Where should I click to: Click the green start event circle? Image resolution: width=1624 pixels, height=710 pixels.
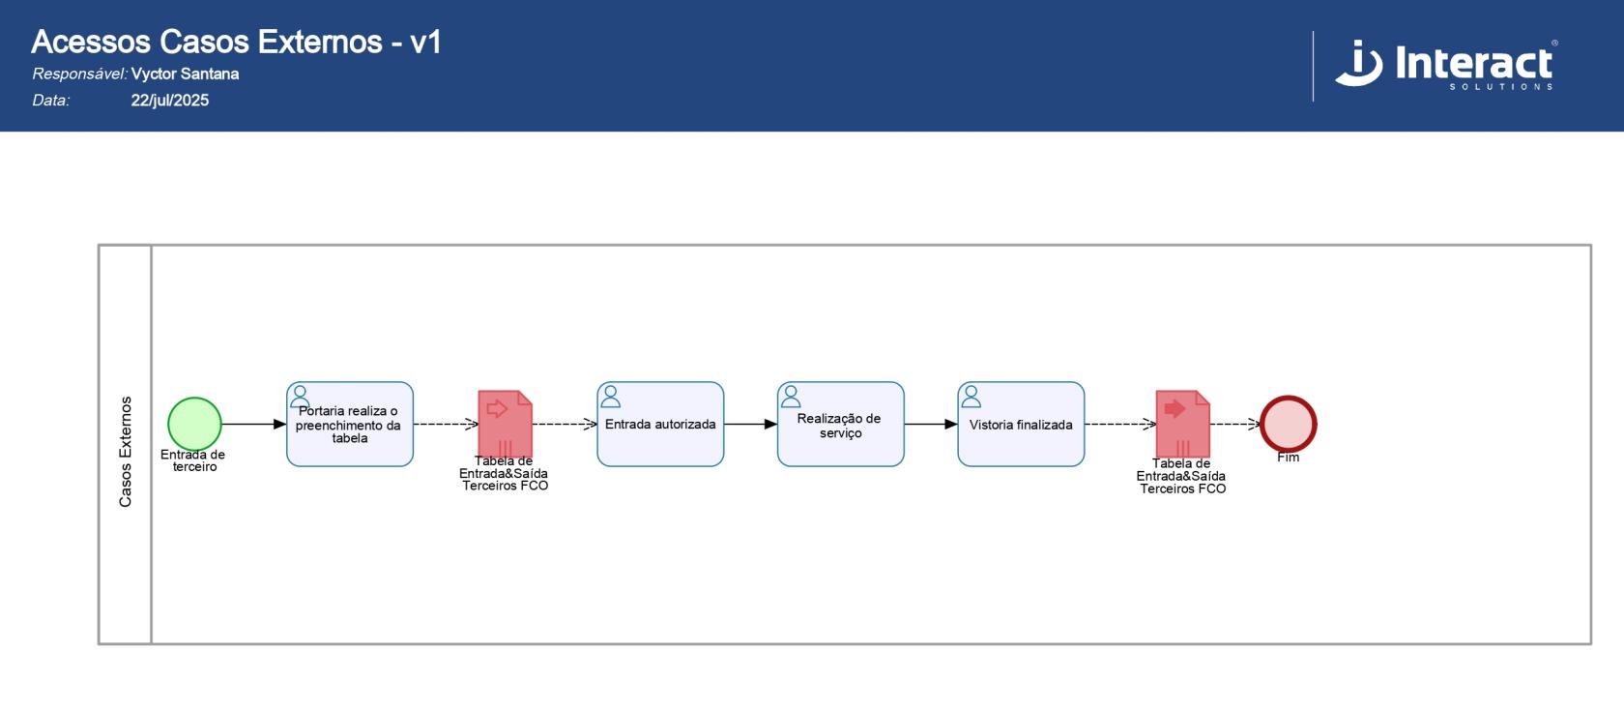coord(194,424)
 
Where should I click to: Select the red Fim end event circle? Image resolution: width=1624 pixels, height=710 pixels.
coord(1288,424)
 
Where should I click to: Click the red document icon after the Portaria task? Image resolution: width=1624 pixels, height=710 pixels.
coord(506,423)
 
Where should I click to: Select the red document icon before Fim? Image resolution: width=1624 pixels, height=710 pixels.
coord(1182,423)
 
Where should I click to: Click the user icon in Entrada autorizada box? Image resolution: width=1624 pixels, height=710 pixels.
coord(611,397)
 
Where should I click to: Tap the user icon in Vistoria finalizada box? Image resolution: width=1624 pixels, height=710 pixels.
coord(971,397)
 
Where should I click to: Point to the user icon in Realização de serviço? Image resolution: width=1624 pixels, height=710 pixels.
coord(791,397)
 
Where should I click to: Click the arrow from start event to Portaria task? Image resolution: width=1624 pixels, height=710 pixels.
coord(253,424)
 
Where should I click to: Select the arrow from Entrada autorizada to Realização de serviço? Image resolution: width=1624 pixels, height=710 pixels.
coord(750,424)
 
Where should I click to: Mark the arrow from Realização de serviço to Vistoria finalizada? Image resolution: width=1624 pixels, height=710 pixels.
coord(930,424)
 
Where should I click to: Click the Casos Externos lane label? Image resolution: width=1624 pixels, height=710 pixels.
coord(126,451)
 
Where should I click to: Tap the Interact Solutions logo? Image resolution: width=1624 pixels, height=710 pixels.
coord(1446,65)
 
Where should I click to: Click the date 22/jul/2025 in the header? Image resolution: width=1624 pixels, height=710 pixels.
coord(170,101)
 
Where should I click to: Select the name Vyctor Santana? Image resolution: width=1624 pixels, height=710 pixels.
coord(185,74)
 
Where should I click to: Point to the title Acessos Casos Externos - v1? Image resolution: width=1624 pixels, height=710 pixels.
coord(236,42)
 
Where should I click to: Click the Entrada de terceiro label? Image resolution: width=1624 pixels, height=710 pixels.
coord(193,460)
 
